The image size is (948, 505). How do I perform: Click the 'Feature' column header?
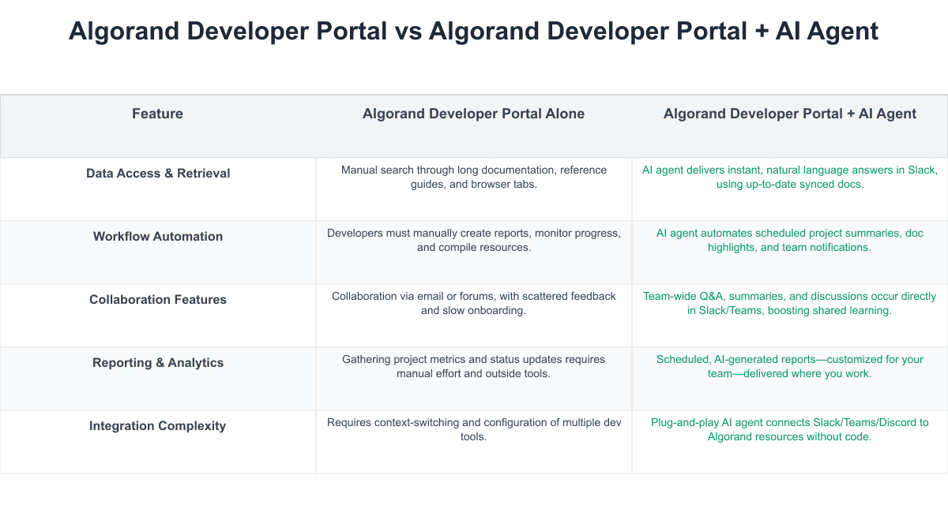pyautogui.click(x=157, y=114)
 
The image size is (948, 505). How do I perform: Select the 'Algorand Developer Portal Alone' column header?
pyautogui.click(x=473, y=114)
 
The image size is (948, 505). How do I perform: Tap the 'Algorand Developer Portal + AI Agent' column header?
pyautogui.click(x=789, y=114)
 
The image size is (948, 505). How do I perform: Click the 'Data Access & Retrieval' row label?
pyautogui.click(x=158, y=173)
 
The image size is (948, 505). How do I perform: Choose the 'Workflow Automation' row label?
pyautogui.click(x=158, y=236)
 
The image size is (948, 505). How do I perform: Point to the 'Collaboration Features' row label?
pyautogui.click(x=158, y=299)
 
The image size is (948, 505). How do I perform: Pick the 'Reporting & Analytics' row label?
pyautogui.click(x=158, y=362)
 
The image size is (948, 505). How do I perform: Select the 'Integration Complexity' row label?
pyautogui.click(x=158, y=425)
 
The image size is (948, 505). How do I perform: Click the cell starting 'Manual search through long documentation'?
pyautogui.click(x=474, y=177)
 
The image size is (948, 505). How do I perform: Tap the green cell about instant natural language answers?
pyautogui.click(x=790, y=177)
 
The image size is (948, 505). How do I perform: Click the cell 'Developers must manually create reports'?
pyautogui.click(x=474, y=240)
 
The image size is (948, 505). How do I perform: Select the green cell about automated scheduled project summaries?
pyautogui.click(x=790, y=240)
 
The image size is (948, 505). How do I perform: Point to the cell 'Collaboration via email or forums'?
pyautogui.click(x=474, y=303)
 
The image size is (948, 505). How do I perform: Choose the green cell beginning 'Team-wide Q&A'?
pyautogui.click(x=790, y=303)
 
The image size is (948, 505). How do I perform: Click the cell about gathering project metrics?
pyautogui.click(x=474, y=366)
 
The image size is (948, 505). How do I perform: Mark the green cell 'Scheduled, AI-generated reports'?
pyautogui.click(x=790, y=366)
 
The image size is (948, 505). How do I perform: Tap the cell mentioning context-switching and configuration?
pyautogui.click(x=474, y=429)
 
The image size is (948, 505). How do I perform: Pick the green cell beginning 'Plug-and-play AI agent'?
pyautogui.click(x=790, y=429)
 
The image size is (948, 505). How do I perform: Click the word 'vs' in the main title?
pyautogui.click(x=411, y=32)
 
